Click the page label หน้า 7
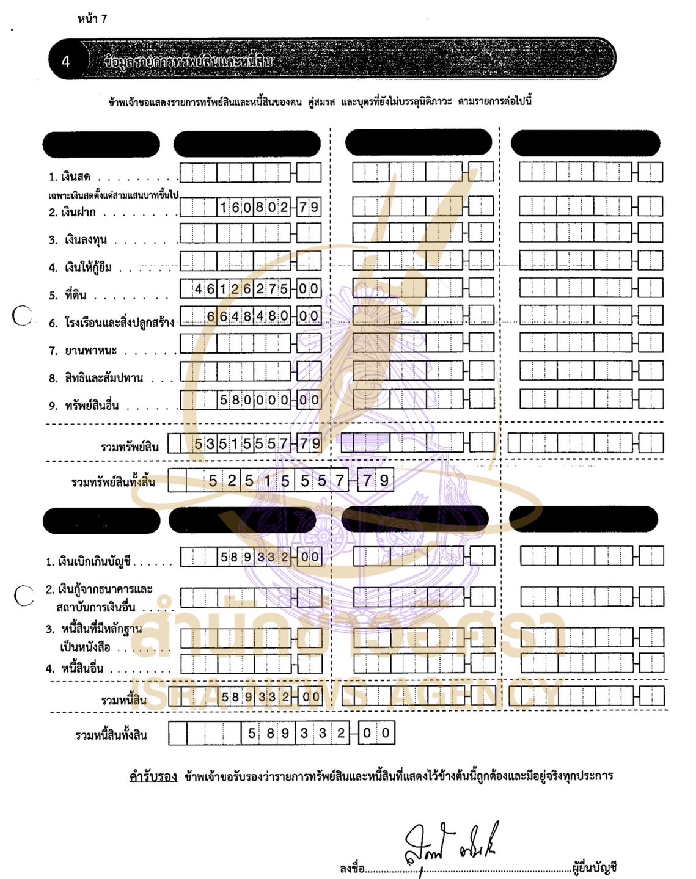click(92, 19)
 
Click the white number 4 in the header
click(65, 61)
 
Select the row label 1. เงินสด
click(70, 177)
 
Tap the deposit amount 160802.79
click(269, 208)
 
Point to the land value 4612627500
click(256, 289)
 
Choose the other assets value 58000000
click(269, 400)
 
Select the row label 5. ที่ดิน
click(68, 295)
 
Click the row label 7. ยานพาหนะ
click(84, 351)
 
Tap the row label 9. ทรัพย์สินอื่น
click(84, 406)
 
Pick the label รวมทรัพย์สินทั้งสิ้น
click(113, 482)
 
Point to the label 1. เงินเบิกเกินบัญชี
click(89, 561)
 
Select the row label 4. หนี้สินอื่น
click(75, 668)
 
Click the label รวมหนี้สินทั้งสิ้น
click(111, 735)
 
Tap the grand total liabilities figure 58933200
click(318, 733)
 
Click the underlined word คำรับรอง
click(153, 776)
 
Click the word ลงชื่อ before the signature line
click(353, 868)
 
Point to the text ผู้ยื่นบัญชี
click(595, 867)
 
